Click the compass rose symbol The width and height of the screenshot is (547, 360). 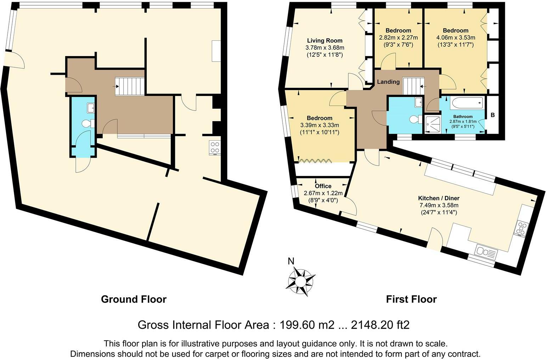tap(300, 281)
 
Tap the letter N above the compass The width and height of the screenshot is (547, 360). tap(291, 261)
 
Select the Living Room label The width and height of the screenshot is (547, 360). tap(325, 40)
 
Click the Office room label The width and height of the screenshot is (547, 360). tap(323, 186)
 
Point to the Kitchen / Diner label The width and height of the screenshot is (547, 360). tap(439, 198)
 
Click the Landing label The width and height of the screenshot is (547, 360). tap(388, 82)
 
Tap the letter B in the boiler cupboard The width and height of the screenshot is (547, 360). tap(492, 115)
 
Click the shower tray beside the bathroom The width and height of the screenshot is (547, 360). tap(433, 125)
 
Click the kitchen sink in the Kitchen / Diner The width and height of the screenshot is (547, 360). tap(486, 252)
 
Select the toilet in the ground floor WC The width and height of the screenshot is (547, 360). tap(88, 124)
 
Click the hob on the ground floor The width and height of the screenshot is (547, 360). tap(215, 147)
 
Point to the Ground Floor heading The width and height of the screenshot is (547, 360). tap(134, 299)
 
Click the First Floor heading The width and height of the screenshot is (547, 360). tap(411, 299)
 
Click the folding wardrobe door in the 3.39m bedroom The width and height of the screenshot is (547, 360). tap(315, 161)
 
